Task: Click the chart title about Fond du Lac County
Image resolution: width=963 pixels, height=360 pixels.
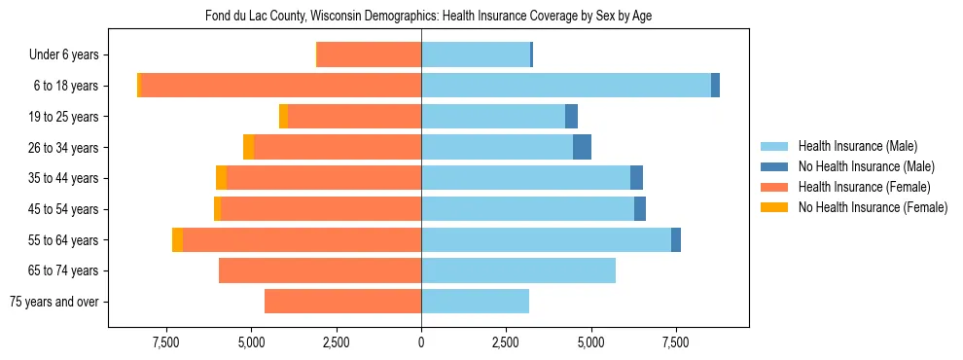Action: [421, 17]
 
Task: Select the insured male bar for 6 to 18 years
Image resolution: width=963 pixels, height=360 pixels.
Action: [566, 86]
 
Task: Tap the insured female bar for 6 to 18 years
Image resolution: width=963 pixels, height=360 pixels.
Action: [281, 86]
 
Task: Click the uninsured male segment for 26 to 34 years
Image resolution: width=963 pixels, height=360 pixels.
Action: [582, 147]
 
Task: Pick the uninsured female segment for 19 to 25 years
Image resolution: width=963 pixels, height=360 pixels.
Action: [283, 117]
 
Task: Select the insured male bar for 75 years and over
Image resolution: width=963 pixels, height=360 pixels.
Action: [475, 302]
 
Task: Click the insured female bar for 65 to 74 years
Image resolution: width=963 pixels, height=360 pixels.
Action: [320, 270]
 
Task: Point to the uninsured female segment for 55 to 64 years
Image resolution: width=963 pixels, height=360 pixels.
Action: [177, 240]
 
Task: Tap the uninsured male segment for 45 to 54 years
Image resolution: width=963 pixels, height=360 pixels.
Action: [640, 209]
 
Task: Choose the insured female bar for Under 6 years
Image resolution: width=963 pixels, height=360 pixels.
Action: [370, 54]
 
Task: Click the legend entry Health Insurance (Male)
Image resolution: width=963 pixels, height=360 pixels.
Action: [857, 146]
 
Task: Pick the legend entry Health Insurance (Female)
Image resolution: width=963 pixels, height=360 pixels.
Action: [864, 187]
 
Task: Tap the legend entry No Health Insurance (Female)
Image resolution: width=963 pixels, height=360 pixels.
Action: [873, 207]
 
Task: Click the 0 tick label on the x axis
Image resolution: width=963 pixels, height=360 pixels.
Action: [421, 342]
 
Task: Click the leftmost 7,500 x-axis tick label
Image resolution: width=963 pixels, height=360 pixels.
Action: [166, 342]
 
